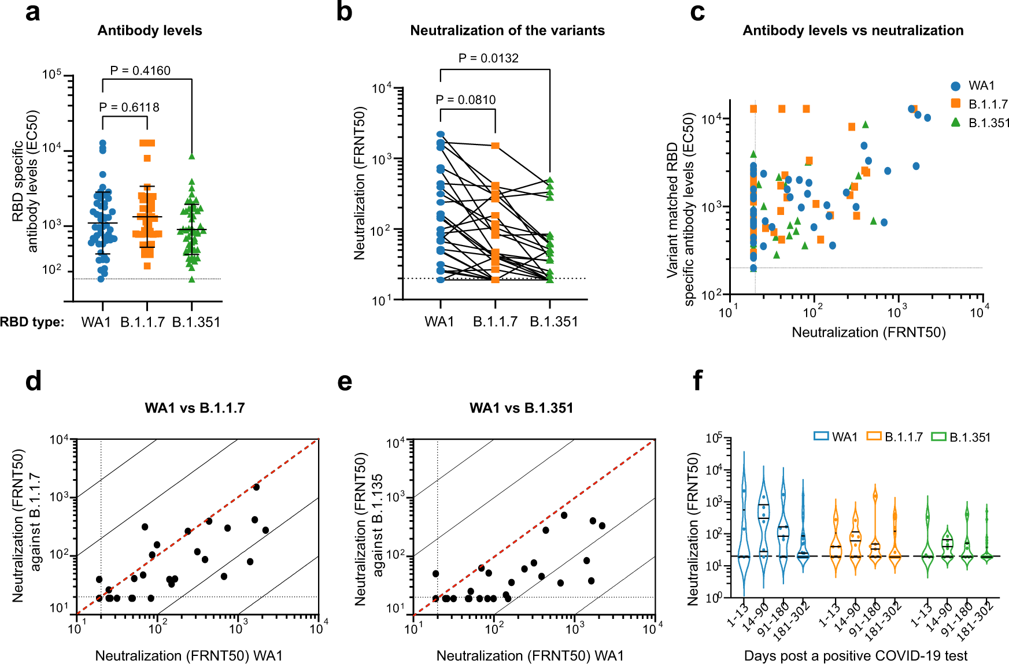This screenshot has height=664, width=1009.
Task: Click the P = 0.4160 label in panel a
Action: click(140, 71)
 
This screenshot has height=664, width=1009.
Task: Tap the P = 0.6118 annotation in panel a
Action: click(129, 107)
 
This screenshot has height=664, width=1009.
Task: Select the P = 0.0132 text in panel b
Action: click(488, 58)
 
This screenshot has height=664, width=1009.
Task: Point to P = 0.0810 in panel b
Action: click(465, 100)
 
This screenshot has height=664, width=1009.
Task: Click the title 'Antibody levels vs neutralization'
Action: click(853, 31)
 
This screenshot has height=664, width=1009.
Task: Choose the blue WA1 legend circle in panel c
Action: click(956, 86)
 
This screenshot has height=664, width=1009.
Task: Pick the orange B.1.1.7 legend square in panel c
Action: click(956, 103)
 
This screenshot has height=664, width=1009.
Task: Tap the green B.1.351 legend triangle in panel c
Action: click(956, 122)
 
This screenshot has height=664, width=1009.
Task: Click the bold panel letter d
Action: click(34, 381)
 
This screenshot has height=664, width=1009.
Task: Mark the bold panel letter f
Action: click(697, 381)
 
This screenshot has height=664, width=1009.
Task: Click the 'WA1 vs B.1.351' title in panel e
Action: click(521, 408)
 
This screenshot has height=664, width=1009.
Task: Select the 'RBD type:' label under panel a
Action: click(32, 322)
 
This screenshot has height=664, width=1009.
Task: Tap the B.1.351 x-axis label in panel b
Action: click(554, 322)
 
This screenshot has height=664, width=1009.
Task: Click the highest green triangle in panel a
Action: click(191, 156)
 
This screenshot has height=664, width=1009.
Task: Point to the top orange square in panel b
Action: click(495, 146)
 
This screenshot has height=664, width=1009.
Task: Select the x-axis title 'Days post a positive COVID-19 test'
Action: click(855, 656)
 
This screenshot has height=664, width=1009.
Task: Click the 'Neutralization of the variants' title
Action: click(507, 31)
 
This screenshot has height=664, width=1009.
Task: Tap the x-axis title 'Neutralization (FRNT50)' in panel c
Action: click(868, 332)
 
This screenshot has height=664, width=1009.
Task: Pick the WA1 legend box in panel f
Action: click(821, 436)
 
